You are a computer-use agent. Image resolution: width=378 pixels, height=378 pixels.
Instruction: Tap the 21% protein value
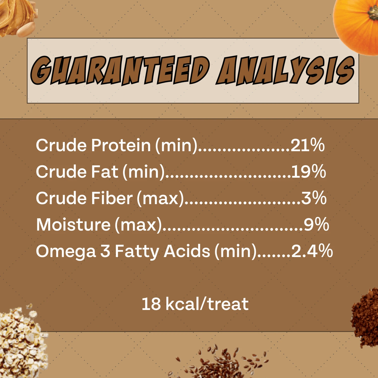pyautogui.click(x=307, y=145)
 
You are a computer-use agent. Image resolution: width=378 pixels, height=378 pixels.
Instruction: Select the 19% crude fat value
pyautogui.click(x=308, y=172)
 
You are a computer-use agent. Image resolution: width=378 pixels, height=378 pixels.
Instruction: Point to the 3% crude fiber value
pyautogui.click(x=314, y=198)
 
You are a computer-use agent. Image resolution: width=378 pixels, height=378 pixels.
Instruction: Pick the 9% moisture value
pyautogui.click(x=316, y=225)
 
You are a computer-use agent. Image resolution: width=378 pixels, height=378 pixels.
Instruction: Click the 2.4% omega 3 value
pyautogui.click(x=312, y=251)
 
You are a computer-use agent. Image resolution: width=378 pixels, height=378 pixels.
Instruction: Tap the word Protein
pyautogui.click(x=121, y=145)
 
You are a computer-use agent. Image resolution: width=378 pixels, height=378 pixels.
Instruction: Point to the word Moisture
pyautogui.click(x=73, y=225)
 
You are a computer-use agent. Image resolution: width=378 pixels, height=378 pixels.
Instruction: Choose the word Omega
pyautogui.click(x=66, y=251)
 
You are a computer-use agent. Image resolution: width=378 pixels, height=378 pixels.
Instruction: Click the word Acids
pyautogui.click(x=187, y=251)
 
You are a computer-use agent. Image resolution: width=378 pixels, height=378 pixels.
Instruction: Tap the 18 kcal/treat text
pyautogui.click(x=195, y=304)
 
